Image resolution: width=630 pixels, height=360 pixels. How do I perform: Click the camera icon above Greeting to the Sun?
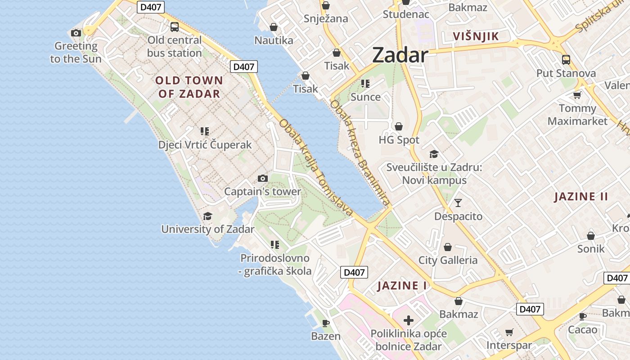(76, 33)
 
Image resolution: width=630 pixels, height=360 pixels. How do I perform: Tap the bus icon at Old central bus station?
(175, 27)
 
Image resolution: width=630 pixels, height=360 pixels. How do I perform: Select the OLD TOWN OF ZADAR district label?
(189, 87)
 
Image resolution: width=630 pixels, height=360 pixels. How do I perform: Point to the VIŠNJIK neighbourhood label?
(476, 36)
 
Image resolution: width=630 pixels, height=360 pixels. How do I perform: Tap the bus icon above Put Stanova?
(566, 59)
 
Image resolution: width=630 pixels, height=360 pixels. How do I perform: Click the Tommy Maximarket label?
(577, 115)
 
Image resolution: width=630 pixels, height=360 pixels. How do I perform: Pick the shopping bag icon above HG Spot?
(398, 126)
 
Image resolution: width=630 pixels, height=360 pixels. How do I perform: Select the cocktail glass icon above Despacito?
(458, 203)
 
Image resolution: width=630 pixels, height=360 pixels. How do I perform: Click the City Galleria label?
(448, 260)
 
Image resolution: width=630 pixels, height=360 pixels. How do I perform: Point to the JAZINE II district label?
(581, 197)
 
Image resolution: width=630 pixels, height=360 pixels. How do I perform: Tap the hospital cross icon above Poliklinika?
(408, 320)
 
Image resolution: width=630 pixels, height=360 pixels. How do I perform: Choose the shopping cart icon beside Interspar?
(509, 333)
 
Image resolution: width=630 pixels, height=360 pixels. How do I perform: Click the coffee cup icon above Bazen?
(326, 323)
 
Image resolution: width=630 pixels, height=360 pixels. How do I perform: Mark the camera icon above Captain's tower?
(263, 179)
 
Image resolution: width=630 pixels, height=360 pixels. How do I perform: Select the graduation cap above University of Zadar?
(207, 216)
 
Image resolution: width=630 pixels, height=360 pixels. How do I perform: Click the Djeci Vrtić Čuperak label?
(205, 145)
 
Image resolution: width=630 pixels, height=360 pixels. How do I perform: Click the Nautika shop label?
(274, 40)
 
